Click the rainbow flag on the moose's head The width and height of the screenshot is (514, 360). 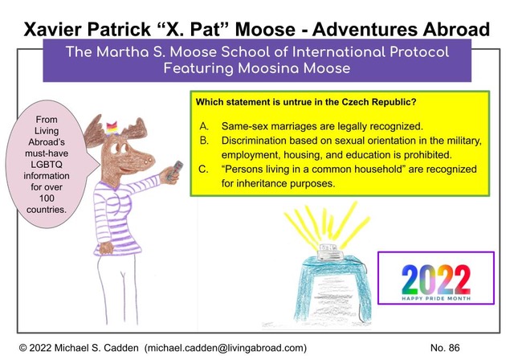112,129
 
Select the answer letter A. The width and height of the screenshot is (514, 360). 203,126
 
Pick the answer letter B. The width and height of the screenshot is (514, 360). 203,141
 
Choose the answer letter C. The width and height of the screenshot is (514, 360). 203,170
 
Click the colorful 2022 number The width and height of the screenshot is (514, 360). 436,280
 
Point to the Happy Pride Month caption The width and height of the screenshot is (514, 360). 436,298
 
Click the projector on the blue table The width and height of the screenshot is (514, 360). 329,252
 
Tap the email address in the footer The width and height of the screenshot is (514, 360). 226,348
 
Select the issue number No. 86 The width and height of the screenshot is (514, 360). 445,347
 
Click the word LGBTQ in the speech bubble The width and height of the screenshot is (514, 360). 47,165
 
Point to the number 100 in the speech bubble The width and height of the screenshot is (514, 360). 47,198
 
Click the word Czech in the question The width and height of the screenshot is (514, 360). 355,102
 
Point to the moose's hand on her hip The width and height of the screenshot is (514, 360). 106,248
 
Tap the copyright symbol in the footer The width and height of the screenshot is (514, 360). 23,348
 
